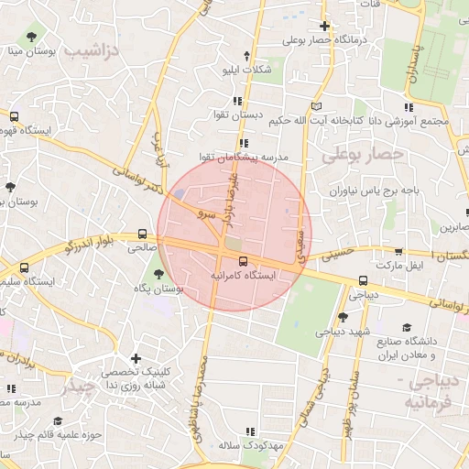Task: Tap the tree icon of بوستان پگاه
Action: tap(159, 274)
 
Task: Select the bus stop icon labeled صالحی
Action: tap(142, 234)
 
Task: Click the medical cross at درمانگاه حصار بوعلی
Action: tap(324, 26)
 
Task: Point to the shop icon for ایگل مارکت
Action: tap(398, 252)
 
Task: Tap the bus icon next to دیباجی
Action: tap(364, 281)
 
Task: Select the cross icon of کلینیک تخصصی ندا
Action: tap(136, 358)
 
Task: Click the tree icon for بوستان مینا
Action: tap(33, 37)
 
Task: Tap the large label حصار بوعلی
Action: tap(363, 155)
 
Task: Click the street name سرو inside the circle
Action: tap(203, 212)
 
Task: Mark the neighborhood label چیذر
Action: tap(78, 389)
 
